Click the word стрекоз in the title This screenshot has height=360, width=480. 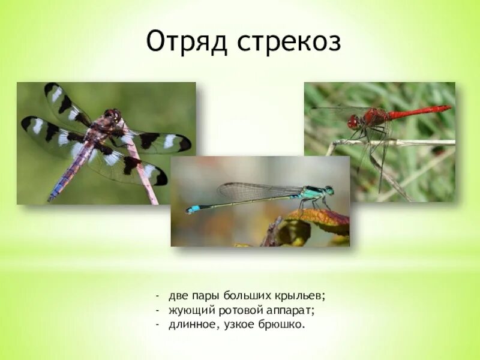(289, 43)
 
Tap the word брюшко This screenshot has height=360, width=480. (283, 325)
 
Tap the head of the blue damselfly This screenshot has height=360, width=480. (328, 191)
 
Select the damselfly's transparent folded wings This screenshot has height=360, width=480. (258, 191)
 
